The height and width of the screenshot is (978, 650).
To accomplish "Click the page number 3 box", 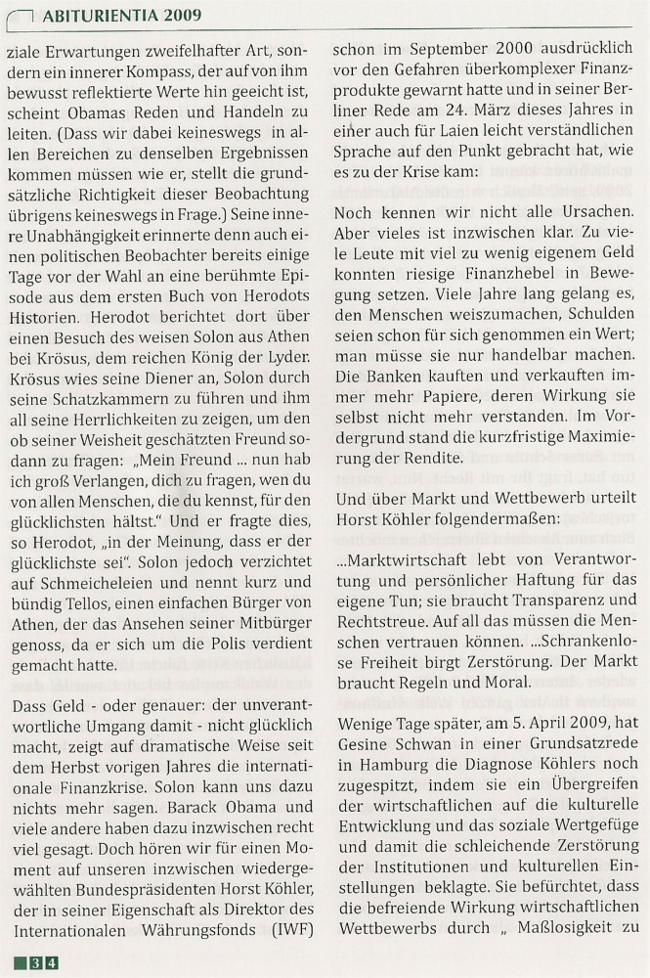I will (36, 963).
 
